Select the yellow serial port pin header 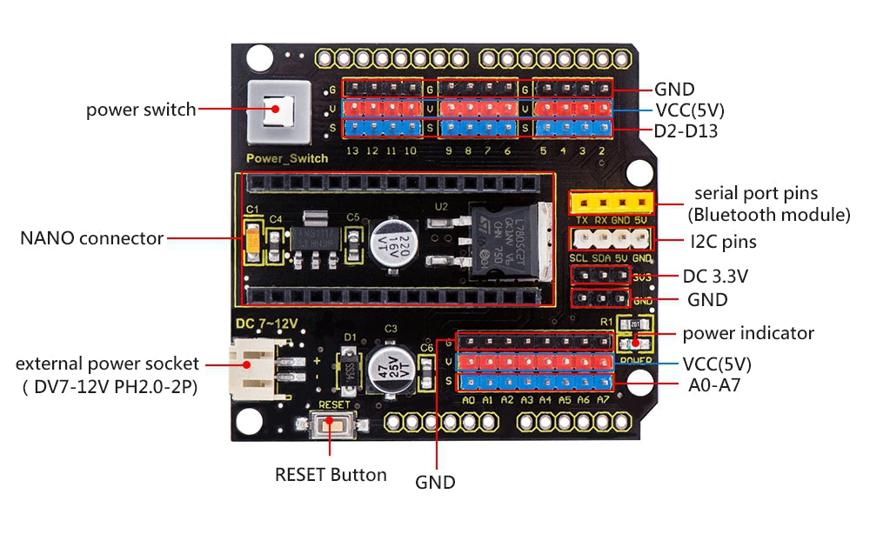[x=612, y=203]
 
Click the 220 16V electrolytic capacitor [x=390, y=242]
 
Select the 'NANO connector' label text [x=91, y=237]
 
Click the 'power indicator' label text [x=748, y=333]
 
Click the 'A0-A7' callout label [x=711, y=385]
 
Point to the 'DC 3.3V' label [x=716, y=277]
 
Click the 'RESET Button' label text [x=331, y=475]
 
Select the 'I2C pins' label [x=721, y=241]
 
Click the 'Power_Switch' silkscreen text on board [x=287, y=158]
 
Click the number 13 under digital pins [x=352, y=150]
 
